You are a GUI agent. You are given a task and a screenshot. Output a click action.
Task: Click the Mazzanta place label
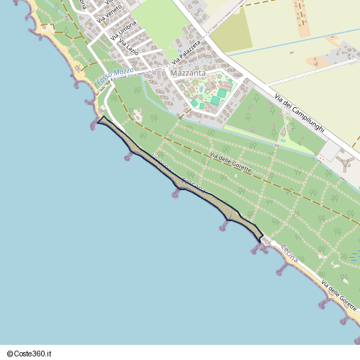coord(187,73)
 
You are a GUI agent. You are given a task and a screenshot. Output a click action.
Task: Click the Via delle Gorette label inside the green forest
coord(230,163)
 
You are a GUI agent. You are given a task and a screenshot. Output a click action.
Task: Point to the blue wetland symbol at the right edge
coord(354,254)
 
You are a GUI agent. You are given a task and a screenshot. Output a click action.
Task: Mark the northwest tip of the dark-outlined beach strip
coord(99,119)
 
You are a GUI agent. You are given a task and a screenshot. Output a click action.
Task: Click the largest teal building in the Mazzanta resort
coord(222,93)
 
